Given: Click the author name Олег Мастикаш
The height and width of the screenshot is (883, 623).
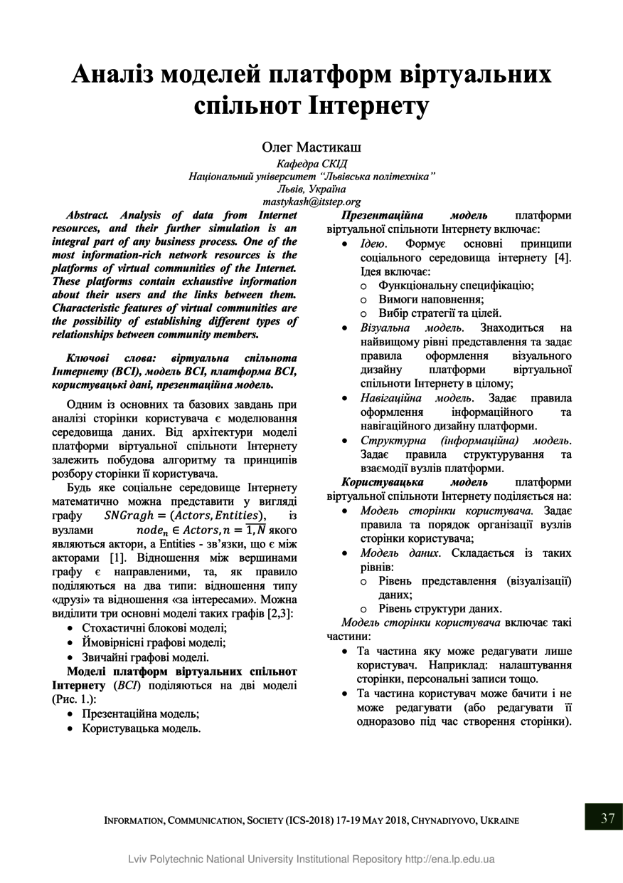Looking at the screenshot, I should (x=311, y=147).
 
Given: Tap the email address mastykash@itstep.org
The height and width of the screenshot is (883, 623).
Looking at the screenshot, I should (x=311, y=202).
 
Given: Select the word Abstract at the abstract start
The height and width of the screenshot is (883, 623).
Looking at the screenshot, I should (x=87, y=215).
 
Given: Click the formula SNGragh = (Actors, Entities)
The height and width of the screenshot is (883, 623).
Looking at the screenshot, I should (x=185, y=516).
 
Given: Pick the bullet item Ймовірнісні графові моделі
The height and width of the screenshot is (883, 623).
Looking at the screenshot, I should (x=154, y=642).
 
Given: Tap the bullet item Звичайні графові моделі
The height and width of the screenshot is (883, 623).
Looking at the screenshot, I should (x=145, y=657).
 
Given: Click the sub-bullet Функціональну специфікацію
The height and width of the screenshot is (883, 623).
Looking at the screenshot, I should (x=456, y=286).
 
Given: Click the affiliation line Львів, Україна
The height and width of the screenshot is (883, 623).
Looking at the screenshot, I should (x=311, y=189).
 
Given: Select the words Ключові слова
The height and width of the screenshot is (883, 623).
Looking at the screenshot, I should (x=107, y=357).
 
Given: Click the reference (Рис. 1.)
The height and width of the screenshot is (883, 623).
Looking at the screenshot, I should (x=74, y=699).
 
